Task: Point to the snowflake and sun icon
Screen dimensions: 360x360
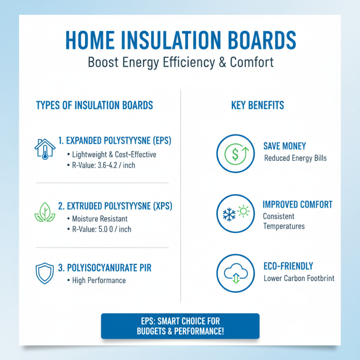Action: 234,213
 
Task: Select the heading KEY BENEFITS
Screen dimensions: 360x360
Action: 258,105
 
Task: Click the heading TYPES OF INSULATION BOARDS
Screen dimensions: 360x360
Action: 94,105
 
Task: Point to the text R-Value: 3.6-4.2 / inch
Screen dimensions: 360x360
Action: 104,166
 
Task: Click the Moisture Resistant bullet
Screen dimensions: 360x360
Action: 99,219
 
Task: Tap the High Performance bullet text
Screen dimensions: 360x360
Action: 99,280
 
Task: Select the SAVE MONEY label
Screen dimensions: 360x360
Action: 284,146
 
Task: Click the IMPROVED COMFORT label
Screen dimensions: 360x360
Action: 297,205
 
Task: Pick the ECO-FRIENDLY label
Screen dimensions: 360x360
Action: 288,266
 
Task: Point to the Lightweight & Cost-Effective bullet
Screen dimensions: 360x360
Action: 114,154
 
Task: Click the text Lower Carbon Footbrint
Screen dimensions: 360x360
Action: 299,279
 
